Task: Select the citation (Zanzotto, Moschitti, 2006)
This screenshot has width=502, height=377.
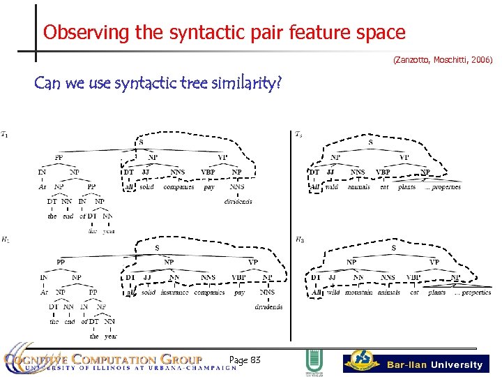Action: click(x=443, y=61)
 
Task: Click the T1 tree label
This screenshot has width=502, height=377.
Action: click(x=6, y=134)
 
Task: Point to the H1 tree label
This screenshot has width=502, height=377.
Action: click(x=6, y=240)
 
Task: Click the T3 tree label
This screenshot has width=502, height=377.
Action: click(x=298, y=134)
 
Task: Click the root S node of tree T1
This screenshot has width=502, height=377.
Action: click(x=142, y=142)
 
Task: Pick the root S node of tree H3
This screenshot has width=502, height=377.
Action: click(x=394, y=249)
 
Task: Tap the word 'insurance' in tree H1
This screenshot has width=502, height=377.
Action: click(x=175, y=293)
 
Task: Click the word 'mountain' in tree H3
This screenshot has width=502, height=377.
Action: click(x=358, y=293)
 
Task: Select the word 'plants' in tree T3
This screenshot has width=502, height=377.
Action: click(x=406, y=187)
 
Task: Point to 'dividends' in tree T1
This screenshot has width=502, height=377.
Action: click(x=238, y=202)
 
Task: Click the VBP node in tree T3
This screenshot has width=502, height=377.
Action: click(x=383, y=172)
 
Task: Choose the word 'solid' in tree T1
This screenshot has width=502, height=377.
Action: click(x=146, y=187)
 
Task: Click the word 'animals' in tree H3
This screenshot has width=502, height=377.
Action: click(x=388, y=293)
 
